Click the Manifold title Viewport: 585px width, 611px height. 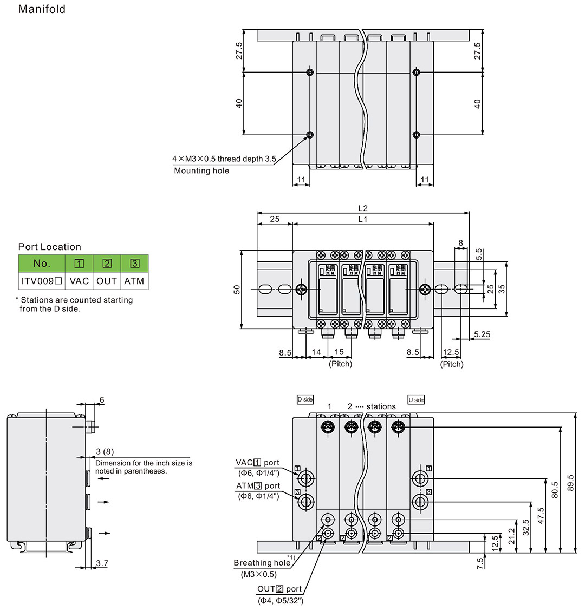coord(42,9)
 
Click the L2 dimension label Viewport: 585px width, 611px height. coord(363,208)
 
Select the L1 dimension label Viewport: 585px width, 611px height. coord(363,219)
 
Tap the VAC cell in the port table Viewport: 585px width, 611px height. coord(79,281)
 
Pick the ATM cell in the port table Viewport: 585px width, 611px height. coord(134,281)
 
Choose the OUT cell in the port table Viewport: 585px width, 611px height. coord(107,281)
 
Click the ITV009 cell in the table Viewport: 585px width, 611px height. coord(42,281)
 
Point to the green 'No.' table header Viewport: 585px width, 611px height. coord(42,264)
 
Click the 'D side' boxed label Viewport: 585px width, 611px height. coord(305,399)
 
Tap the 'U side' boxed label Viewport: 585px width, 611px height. coord(416,399)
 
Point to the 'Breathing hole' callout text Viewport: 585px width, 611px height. coord(262,563)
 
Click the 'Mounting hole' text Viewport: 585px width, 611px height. coord(201,170)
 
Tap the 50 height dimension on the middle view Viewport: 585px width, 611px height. coord(237,290)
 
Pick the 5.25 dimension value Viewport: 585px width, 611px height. coord(482,334)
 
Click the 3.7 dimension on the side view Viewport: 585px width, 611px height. coord(102,563)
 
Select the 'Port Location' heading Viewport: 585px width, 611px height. coord(50,247)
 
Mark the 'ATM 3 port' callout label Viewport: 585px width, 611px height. coord(258,486)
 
